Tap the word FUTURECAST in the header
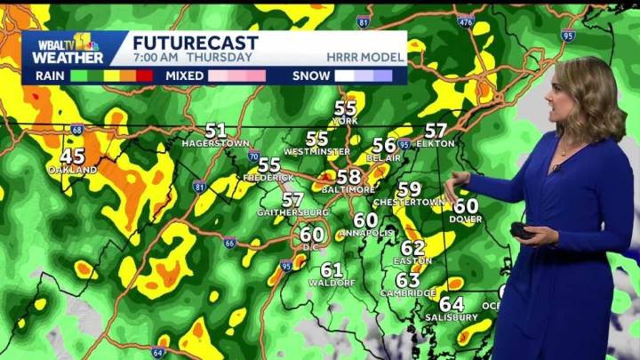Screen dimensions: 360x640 coord(195,43)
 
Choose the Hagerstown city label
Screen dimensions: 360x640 coord(215,143)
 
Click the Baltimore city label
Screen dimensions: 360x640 coord(348,190)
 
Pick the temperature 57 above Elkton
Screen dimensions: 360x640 coord(436,131)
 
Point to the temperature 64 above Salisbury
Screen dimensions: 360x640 coord(452,304)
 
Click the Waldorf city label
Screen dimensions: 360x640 coord(332,283)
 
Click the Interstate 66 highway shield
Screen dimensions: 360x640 coord(229,243)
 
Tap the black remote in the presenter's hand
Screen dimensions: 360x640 coord(523,231)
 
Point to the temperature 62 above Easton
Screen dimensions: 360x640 coord(412,248)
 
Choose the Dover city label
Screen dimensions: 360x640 coord(465,219)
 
